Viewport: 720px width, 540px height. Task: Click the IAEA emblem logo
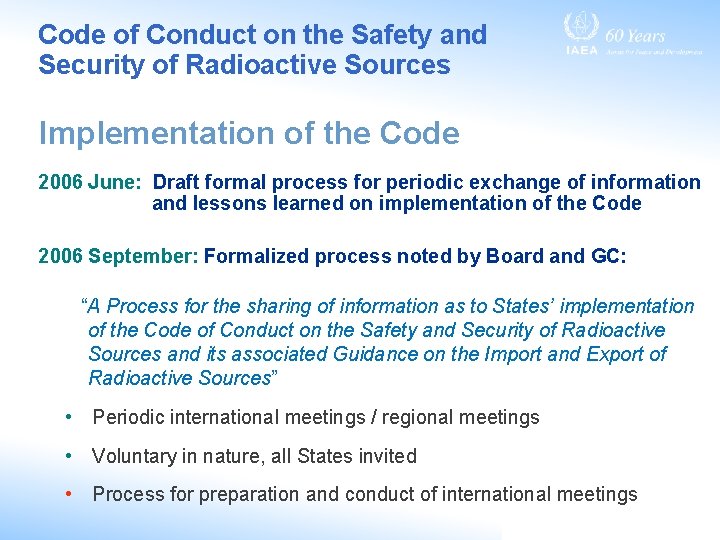click(581, 29)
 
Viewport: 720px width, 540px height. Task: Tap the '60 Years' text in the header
click(635, 35)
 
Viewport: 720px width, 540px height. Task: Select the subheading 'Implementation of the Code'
click(249, 133)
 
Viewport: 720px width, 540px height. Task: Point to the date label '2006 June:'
click(91, 182)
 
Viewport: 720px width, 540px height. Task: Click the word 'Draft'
click(176, 182)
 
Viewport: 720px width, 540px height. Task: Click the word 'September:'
click(143, 256)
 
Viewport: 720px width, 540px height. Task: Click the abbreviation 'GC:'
click(608, 256)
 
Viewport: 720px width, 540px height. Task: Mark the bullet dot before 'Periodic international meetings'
click(66, 417)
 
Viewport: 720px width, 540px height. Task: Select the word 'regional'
click(419, 418)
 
